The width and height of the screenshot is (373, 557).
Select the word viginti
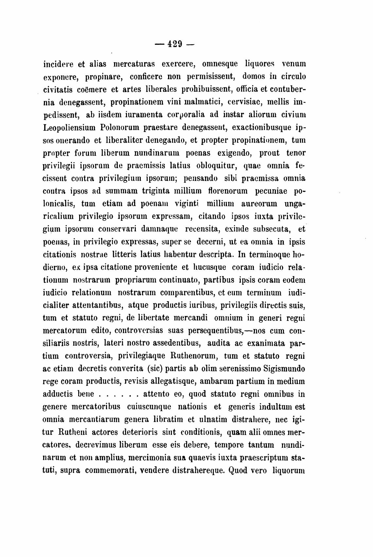[185, 204]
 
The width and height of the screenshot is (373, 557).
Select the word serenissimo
[235, 369]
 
